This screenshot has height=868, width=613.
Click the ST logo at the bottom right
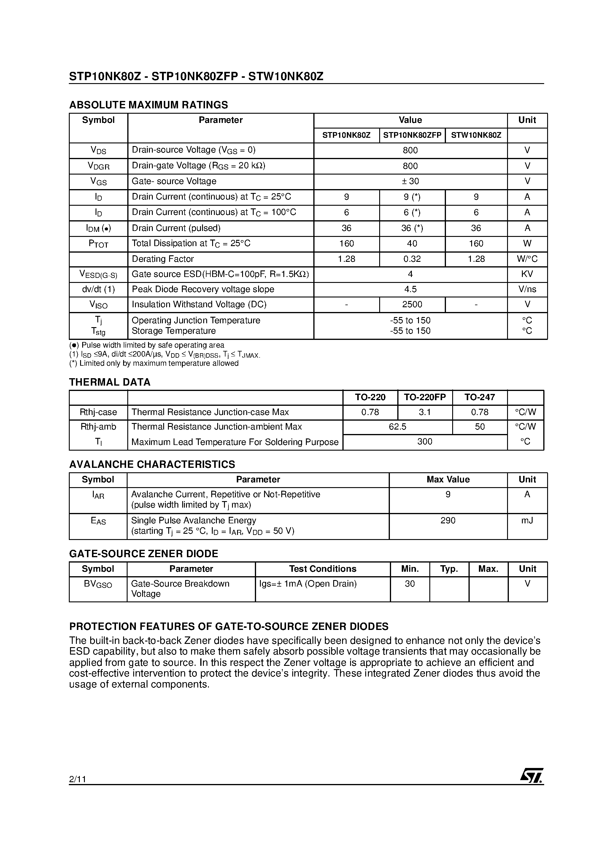[531, 775]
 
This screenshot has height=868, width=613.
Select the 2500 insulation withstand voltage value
[412, 304]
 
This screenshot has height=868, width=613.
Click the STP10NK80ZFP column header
[412, 135]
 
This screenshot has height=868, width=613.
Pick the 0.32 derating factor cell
[412, 259]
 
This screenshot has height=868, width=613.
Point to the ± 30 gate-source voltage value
[410, 181]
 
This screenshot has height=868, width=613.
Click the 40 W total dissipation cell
[412, 243]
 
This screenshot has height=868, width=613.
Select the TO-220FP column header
[425, 397]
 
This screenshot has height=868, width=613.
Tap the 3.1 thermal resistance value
[425, 412]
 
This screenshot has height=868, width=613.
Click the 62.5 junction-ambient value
[397, 427]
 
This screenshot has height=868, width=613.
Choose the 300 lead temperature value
[425, 441]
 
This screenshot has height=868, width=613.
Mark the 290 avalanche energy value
[448, 521]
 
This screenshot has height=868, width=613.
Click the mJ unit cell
[527, 521]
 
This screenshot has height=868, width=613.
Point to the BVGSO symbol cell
[98, 584]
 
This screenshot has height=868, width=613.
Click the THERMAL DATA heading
[109, 382]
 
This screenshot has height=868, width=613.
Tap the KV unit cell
[527, 274]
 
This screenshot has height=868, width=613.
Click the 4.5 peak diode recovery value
[410, 289]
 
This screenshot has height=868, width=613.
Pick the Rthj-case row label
[98, 412]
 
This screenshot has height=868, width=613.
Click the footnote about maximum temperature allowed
[154, 363]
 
